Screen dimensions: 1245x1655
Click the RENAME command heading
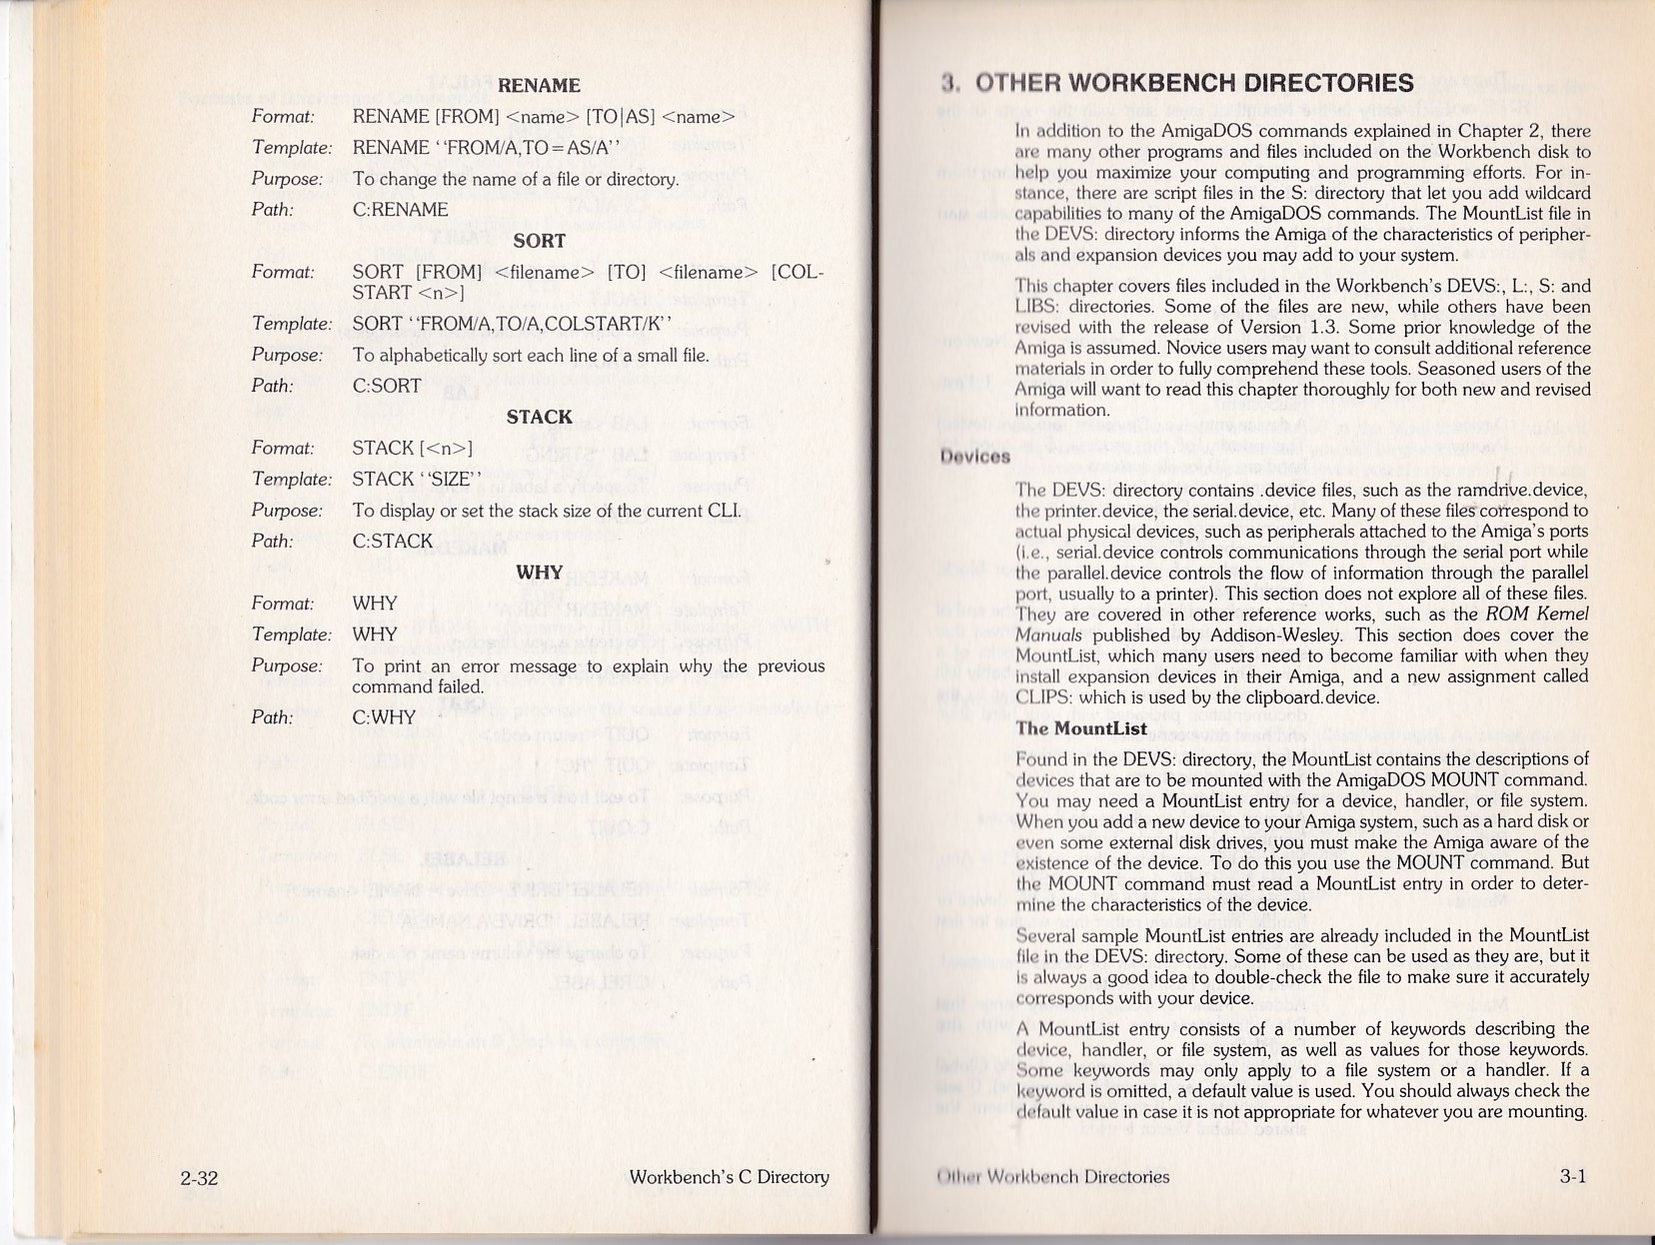[x=539, y=86]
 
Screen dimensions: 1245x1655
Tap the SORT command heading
[x=539, y=241]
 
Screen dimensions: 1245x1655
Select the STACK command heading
[x=539, y=417]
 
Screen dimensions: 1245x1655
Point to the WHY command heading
[x=539, y=573]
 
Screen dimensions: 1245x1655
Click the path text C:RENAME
[x=400, y=210]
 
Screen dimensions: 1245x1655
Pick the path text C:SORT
[x=387, y=386]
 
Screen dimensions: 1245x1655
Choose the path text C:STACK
[x=392, y=542]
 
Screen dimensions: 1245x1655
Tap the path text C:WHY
[x=384, y=717]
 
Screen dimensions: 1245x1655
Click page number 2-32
[x=199, y=1178]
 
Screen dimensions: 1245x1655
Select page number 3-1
[x=1573, y=1177]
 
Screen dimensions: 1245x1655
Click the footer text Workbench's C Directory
[x=729, y=1177]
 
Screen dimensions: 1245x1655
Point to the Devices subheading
[x=974, y=457]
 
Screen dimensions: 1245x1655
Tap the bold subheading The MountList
[x=1081, y=728]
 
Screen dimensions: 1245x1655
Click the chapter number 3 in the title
[x=948, y=83]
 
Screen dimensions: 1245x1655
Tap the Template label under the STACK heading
[x=291, y=480]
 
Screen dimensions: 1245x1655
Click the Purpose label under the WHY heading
[x=287, y=666]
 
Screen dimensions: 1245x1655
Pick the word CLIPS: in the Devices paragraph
[x=1046, y=697]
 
